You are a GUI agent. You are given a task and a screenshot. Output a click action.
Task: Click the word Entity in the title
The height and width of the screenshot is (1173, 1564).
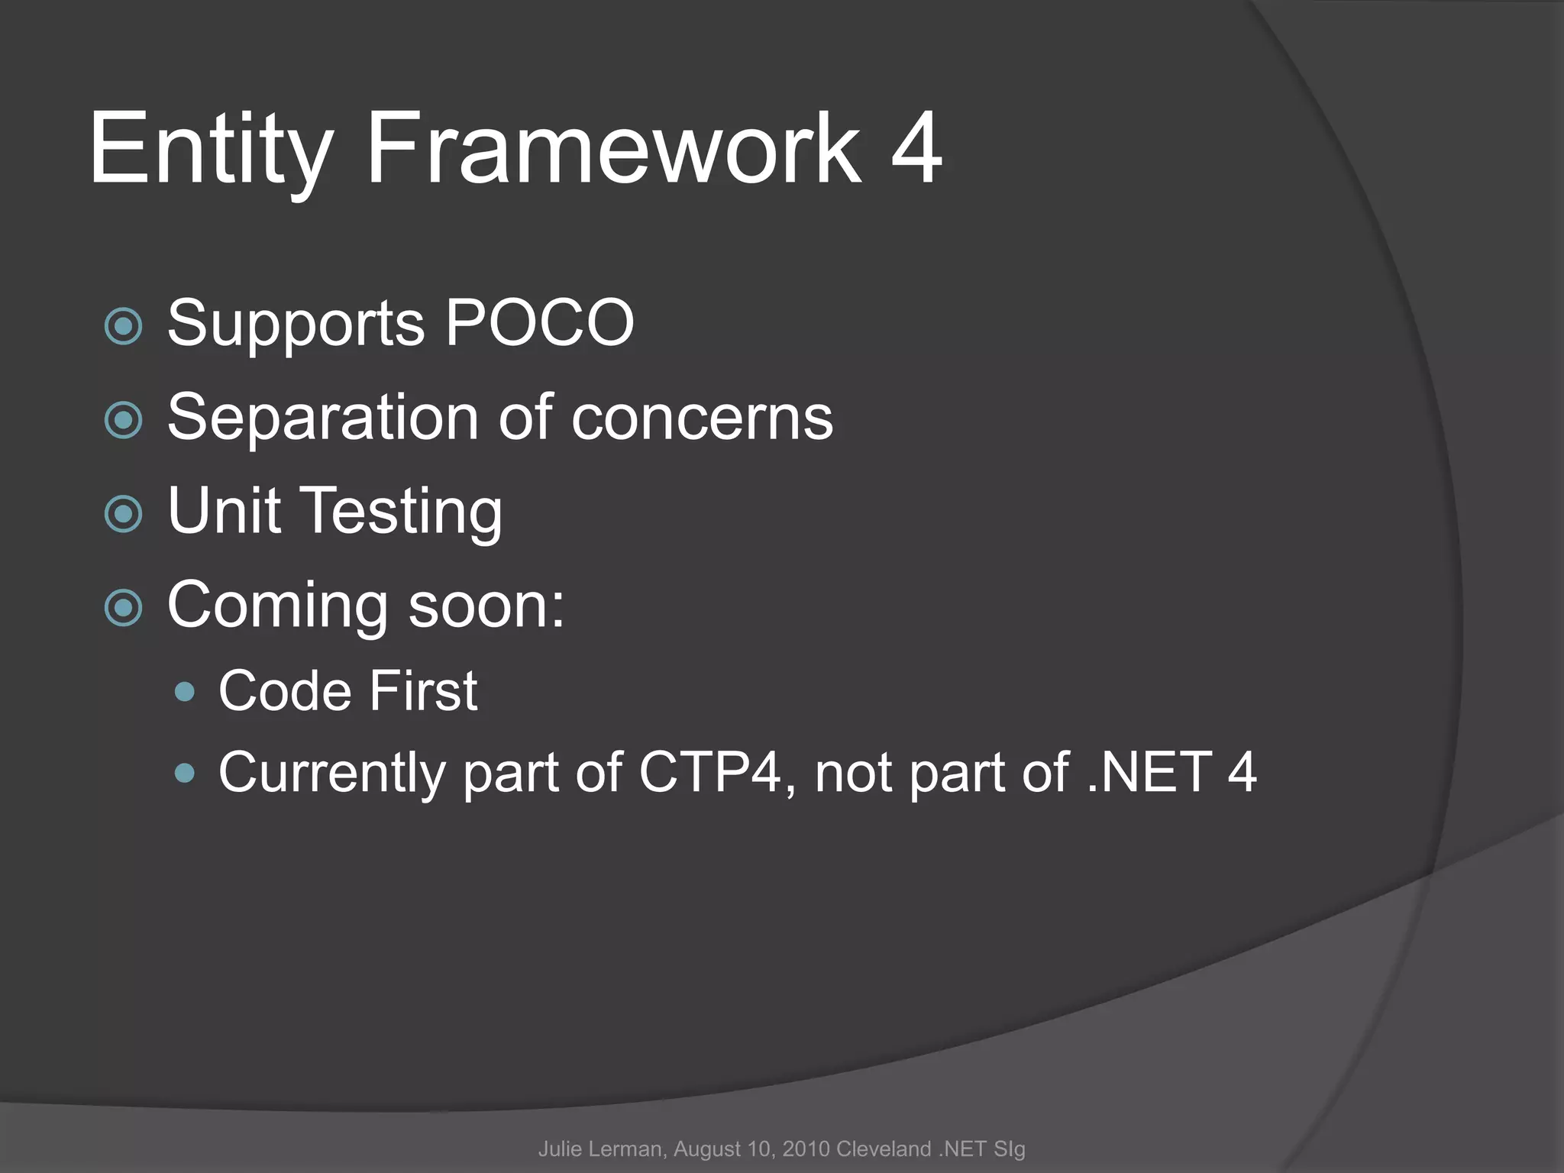[x=211, y=149]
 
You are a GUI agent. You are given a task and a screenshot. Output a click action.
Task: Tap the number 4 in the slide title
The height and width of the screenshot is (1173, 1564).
[x=916, y=149]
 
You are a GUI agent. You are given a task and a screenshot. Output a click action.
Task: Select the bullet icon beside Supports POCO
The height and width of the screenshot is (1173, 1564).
[x=124, y=327]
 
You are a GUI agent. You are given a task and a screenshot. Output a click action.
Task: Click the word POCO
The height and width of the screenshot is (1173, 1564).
[x=539, y=324]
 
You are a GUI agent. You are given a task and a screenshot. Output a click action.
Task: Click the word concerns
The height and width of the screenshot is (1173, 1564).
[x=702, y=419]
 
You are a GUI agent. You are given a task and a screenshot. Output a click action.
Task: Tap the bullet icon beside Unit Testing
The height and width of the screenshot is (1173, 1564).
[x=124, y=514]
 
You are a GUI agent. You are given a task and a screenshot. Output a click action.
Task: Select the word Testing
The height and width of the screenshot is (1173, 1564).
[x=404, y=512]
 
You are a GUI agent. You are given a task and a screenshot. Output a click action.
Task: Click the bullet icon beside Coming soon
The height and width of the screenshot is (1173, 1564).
[x=124, y=608]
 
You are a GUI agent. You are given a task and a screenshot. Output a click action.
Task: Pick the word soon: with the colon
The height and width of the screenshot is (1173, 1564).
[x=486, y=606]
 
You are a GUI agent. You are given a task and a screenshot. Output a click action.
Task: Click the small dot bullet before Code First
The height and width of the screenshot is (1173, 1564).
[x=185, y=693]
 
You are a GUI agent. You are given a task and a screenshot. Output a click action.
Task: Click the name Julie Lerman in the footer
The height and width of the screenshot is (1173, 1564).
[x=603, y=1149]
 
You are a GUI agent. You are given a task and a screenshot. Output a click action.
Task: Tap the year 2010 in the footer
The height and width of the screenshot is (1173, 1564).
[x=806, y=1149]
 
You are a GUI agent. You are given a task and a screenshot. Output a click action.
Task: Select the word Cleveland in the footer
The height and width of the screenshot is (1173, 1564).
[x=884, y=1149]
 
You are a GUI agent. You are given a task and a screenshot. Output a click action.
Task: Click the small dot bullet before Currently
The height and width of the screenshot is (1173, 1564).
[x=185, y=774]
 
